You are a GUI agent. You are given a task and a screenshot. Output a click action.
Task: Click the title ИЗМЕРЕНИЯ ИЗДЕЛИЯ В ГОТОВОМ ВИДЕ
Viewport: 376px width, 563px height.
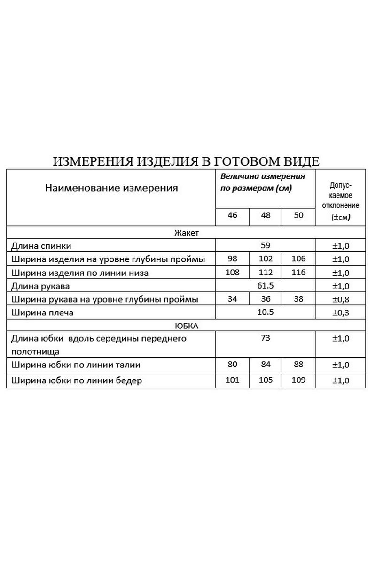[x=186, y=162]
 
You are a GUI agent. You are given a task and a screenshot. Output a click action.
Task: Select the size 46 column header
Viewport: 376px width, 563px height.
[x=232, y=216]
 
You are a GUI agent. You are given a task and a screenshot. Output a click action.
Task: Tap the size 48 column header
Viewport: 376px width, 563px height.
[x=265, y=216]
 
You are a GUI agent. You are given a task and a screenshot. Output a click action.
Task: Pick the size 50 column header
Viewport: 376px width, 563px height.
[x=298, y=216]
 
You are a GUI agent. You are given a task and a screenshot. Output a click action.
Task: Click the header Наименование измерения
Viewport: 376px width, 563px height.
[x=111, y=189]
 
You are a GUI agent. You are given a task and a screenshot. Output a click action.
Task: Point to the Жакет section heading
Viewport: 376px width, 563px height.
[x=187, y=233]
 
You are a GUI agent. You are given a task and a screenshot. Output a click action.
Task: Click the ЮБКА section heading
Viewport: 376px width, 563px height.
[x=187, y=325]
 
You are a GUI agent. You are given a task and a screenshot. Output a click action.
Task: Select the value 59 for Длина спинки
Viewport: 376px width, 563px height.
[x=265, y=245]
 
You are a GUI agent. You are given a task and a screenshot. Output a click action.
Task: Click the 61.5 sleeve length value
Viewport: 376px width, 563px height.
[x=265, y=286]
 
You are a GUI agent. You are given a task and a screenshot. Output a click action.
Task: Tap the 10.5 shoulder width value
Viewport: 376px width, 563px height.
[x=265, y=312]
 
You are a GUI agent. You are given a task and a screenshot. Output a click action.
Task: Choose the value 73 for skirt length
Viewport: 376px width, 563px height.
[x=265, y=338]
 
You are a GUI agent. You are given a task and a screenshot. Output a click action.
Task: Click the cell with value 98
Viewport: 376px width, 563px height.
[x=232, y=259]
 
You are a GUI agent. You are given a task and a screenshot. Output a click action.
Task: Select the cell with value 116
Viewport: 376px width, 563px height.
[x=298, y=272]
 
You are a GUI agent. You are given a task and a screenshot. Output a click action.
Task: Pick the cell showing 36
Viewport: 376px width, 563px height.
[x=265, y=299]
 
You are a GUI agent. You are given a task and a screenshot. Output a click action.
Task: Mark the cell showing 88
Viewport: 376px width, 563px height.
[x=298, y=364]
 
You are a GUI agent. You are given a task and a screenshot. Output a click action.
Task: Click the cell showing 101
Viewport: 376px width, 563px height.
[x=232, y=380]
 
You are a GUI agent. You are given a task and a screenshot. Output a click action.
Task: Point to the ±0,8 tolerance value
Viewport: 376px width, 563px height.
[x=340, y=299]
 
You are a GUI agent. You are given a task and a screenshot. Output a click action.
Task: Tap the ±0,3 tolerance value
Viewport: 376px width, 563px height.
[x=340, y=312]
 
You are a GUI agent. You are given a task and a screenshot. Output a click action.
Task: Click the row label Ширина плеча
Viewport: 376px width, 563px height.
[x=43, y=312]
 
